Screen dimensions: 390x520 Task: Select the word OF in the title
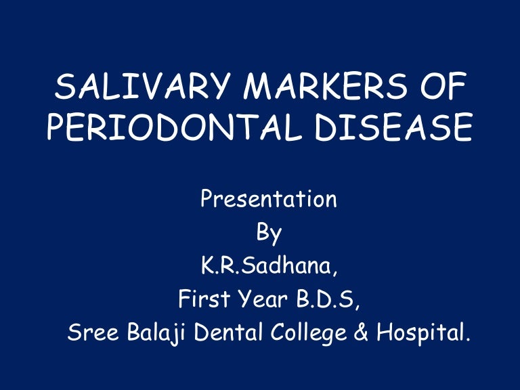tap(440, 89)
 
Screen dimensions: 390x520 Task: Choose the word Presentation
tap(269, 200)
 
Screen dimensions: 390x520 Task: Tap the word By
tap(269, 233)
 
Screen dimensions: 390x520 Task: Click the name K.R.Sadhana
tap(269, 265)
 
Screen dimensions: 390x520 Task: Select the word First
tap(200, 298)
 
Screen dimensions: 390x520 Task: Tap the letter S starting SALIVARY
tap(63, 89)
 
